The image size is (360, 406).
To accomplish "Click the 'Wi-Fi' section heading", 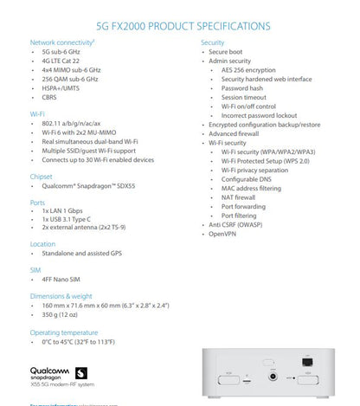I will click(37, 113).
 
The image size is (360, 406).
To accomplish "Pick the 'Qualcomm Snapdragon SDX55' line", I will click(85, 186).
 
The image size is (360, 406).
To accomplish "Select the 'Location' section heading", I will click(43, 243).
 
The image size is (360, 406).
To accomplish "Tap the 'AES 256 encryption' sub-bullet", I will click(254, 69).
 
